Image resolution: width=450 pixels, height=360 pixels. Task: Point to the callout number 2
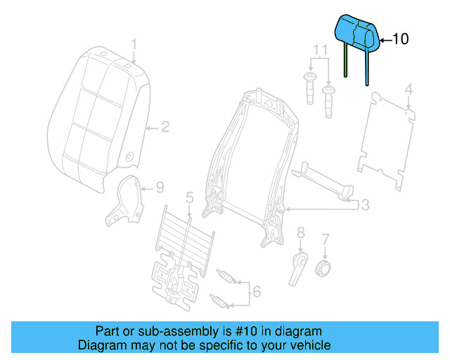point(165,127)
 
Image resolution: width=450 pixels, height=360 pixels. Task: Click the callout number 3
point(364,205)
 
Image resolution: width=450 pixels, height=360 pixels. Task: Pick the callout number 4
point(408,89)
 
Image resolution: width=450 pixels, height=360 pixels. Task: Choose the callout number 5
point(189,198)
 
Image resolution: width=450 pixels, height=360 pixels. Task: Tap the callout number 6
point(256,291)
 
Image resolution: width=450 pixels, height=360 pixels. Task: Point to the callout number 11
point(320,51)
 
